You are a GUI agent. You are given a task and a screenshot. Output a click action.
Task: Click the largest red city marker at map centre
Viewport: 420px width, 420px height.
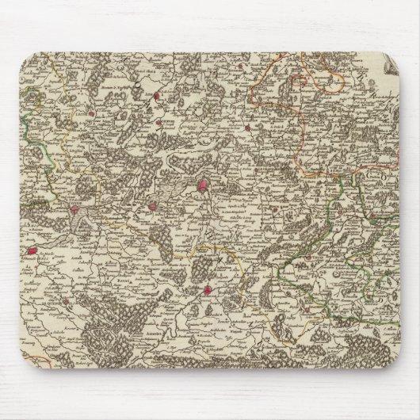coord(204,188)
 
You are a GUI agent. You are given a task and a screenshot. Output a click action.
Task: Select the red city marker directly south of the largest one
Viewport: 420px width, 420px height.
coord(209,290)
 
